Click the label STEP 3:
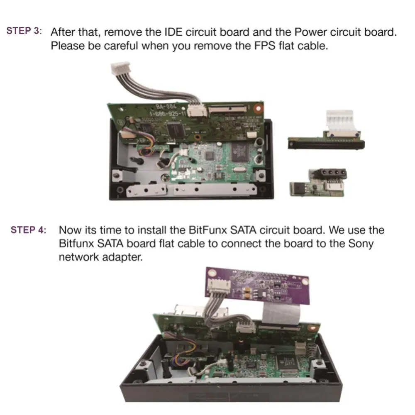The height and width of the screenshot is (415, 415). click(x=24, y=32)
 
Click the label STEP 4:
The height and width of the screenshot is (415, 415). click(x=29, y=230)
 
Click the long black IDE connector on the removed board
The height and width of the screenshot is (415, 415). click(x=326, y=144)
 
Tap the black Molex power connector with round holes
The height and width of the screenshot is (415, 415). click(x=332, y=174)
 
